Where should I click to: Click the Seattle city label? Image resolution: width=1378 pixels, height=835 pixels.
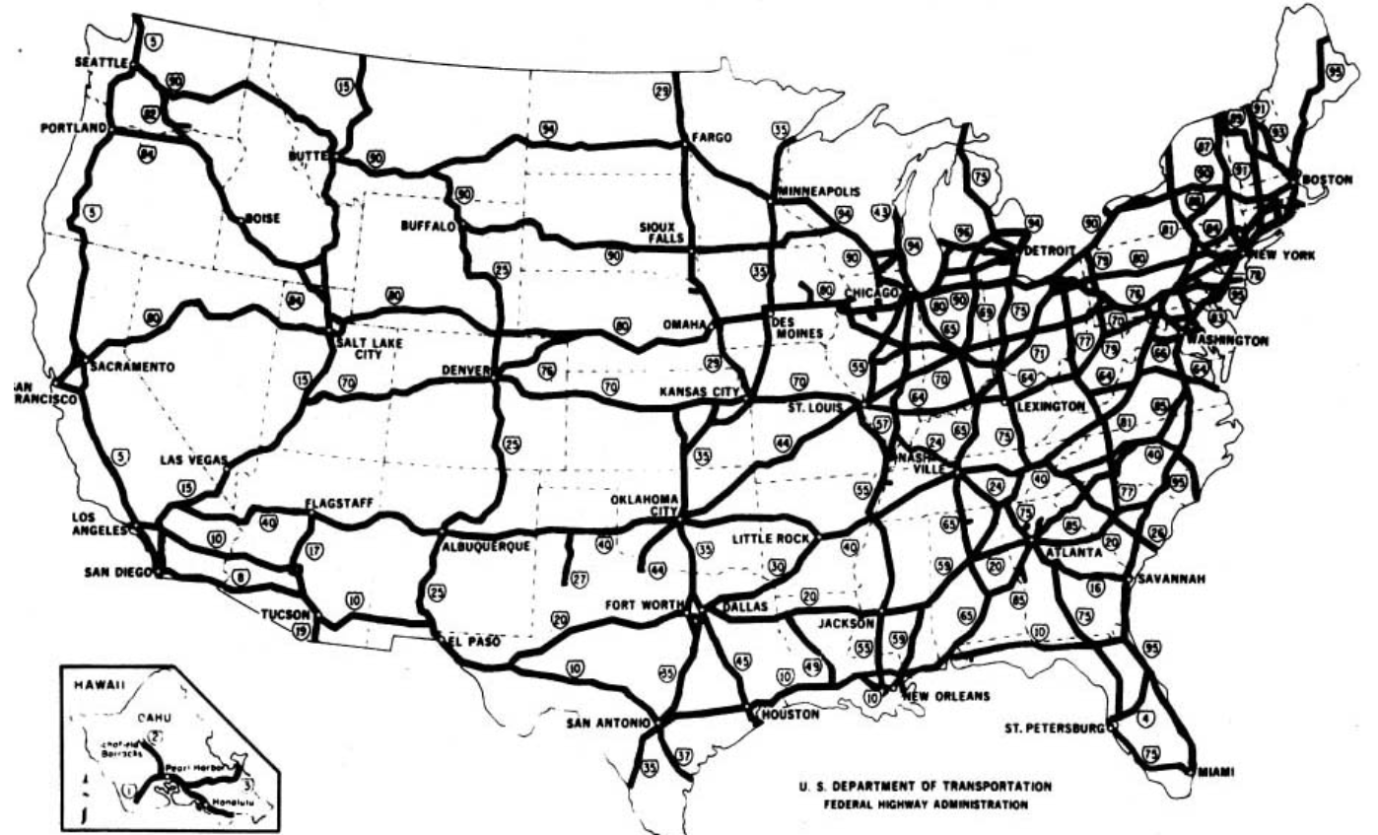coord(101,61)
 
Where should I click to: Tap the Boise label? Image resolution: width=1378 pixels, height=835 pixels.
coord(264,220)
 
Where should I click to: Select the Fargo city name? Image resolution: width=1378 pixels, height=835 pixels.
coord(712,138)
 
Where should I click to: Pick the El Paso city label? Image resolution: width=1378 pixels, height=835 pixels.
coord(473,642)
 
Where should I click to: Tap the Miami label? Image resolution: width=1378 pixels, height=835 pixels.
coord(1214,772)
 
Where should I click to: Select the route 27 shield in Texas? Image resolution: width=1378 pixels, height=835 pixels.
coord(579,578)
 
